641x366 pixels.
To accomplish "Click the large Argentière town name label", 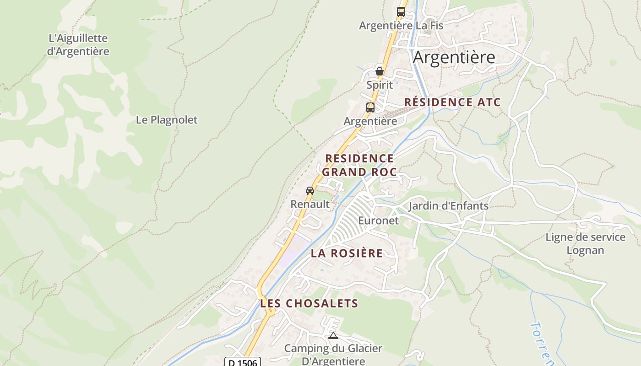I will click(454, 58).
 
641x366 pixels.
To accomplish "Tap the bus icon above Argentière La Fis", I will click(401, 12).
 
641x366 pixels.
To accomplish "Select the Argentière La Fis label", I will click(401, 26).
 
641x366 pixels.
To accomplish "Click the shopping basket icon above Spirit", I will click(379, 71).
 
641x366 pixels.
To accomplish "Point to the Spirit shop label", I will click(380, 85).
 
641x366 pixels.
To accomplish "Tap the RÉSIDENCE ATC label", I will click(452, 102).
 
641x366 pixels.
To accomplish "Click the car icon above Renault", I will click(310, 191).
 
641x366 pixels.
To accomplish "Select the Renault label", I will click(310, 204).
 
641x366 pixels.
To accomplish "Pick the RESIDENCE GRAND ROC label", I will click(359, 165).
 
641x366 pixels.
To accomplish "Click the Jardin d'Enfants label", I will click(448, 206).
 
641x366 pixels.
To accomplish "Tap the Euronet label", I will click(378, 221).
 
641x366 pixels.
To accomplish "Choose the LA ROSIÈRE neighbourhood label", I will click(347, 253).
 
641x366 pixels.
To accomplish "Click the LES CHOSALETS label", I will click(309, 303).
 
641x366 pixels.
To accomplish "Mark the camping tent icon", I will click(333, 336).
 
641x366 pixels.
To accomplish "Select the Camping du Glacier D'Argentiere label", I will click(333, 355).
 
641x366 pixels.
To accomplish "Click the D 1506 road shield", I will click(243, 362).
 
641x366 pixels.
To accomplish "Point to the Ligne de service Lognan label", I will click(585, 243).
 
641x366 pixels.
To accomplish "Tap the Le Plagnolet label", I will click(167, 120).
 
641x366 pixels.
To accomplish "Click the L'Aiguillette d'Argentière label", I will click(78, 45).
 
